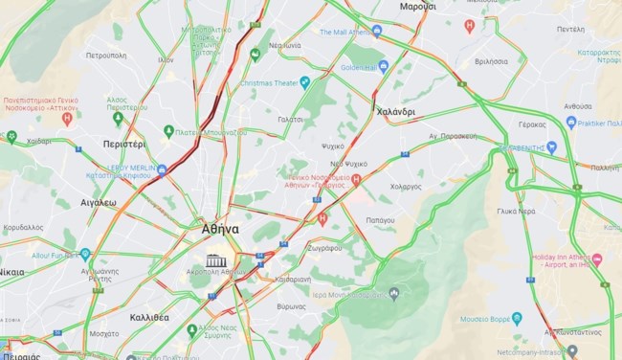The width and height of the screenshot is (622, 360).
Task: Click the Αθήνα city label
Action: coord(220,230)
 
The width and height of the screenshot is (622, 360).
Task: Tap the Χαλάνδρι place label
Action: coord(395,112)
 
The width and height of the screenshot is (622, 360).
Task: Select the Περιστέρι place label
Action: coord(124,144)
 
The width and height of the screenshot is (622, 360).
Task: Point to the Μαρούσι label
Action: coord(417,6)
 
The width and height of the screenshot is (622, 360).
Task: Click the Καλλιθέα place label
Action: coord(149,316)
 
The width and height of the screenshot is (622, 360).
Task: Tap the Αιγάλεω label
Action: coord(99,203)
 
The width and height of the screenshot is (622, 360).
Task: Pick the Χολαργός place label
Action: coord(406,187)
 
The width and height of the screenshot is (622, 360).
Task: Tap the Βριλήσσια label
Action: coord(491,60)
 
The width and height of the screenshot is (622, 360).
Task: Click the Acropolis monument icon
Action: coord(217,260)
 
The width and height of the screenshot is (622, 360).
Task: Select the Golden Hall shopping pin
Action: coord(384,67)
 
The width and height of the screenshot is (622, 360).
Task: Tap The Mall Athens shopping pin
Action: coord(376,31)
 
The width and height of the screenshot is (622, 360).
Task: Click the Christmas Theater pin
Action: coord(304,82)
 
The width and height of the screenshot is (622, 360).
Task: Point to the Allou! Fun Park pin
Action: coord(85,255)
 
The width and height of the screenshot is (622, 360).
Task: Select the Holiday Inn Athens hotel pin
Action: coord(597,259)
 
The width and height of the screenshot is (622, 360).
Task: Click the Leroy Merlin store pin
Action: coord(162,170)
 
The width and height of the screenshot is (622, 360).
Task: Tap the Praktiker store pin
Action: coord(571,123)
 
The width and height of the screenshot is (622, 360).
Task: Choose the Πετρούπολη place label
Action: coord(106,56)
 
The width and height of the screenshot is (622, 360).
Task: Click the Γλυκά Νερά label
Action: coord(515,211)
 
